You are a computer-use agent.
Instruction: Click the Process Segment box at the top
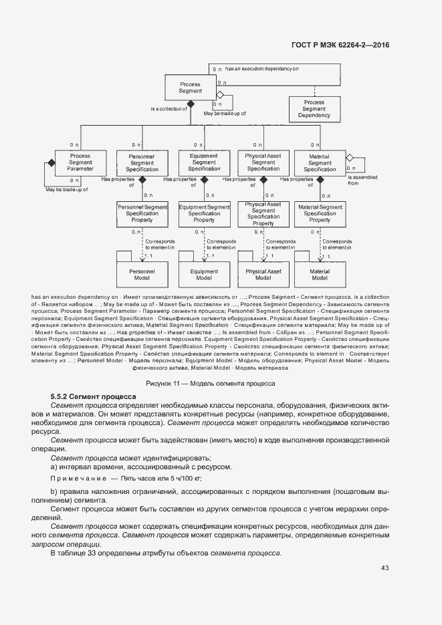click(191, 88)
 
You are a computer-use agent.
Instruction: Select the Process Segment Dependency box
click(314, 109)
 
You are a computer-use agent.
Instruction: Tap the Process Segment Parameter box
click(80, 162)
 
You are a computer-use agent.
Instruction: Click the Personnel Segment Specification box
click(142, 162)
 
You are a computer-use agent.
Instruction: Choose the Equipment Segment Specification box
click(204, 162)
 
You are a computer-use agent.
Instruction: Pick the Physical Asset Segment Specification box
click(263, 162)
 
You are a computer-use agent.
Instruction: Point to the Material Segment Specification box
click(320, 162)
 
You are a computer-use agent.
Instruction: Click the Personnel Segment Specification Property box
click(142, 214)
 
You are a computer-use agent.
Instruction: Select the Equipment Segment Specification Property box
click(204, 214)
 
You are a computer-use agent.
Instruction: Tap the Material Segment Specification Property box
click(320, 214)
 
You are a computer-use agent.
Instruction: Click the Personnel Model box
click(142, 274)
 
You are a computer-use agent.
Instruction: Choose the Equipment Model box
click(204, 274)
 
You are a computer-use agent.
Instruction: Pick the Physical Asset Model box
click(263, 274)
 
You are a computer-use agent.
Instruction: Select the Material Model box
click(320, 274)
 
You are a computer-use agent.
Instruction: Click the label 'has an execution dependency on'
click(261, 68)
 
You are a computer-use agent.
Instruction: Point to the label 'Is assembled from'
click(362, 180)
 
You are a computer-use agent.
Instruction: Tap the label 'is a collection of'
click(168, 108)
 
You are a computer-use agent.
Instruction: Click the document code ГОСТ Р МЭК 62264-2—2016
click(340, 45)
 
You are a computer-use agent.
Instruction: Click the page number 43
click(384, 568)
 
